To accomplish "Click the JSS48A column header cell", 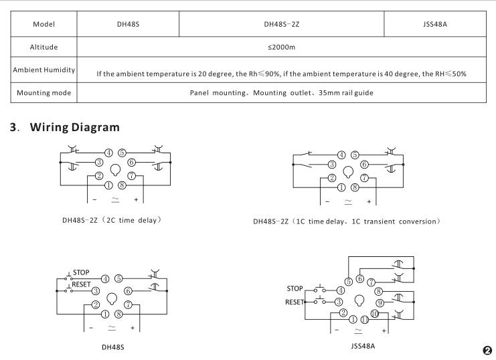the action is click(x=435, y=24).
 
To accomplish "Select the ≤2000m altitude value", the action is click(x=281, y=47).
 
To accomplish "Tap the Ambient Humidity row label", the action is click(x=44, y=70).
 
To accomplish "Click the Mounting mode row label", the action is click(x=44, y=93).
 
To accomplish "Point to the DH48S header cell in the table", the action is click(x=128, y=24).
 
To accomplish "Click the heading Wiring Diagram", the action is click(x=75, y=127).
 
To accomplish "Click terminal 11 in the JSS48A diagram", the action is click(x=364, y=319).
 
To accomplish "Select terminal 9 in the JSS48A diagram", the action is click(x=380, y=303).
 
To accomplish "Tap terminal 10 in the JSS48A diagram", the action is click(x=375, y=314).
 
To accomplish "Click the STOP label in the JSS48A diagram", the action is click(x=295, y=288).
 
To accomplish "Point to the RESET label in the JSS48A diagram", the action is click(x=294, y=302).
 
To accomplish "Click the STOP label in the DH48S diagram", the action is click(x=81, y=272).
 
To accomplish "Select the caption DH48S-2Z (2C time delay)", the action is click(x=112, y=220).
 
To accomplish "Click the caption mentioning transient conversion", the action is click(x=347, y=221).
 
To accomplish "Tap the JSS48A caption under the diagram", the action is click(x=363, y=346).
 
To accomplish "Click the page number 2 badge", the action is click(x=487, y=350).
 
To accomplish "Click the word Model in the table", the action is click(x=44, y=24).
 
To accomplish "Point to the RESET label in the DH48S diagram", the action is click(x=81, y=284).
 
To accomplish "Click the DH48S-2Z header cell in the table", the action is click(x=282, y=24).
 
